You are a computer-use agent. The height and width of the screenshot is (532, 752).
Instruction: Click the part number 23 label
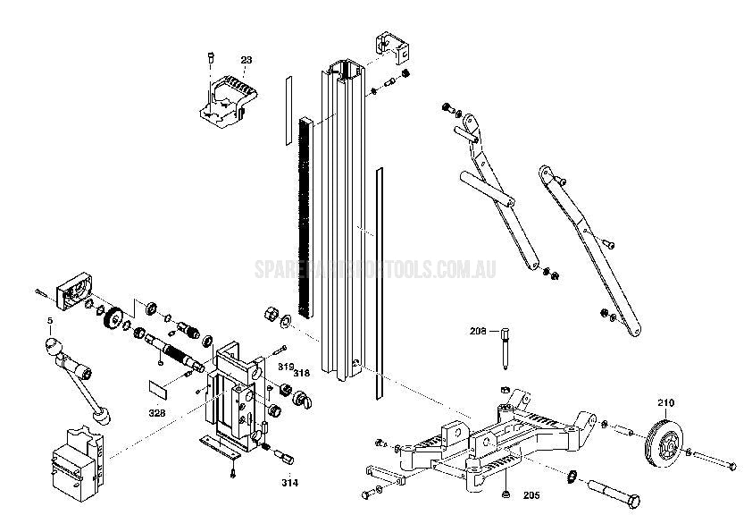246,60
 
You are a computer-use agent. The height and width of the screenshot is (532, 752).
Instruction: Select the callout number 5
50,319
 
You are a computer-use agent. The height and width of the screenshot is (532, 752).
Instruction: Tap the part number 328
157,414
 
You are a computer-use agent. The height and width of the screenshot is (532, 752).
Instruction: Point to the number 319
285,367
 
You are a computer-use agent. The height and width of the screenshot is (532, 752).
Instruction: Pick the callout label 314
290,483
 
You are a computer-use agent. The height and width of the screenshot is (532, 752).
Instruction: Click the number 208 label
478,331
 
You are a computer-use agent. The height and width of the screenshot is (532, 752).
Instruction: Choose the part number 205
531,494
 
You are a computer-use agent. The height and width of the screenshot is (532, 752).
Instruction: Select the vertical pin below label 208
506,350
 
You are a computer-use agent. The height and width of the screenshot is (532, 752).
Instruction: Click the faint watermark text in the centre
375,268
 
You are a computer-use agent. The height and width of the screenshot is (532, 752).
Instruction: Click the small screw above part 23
208,57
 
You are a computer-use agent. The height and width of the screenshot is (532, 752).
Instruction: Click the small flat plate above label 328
158,389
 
